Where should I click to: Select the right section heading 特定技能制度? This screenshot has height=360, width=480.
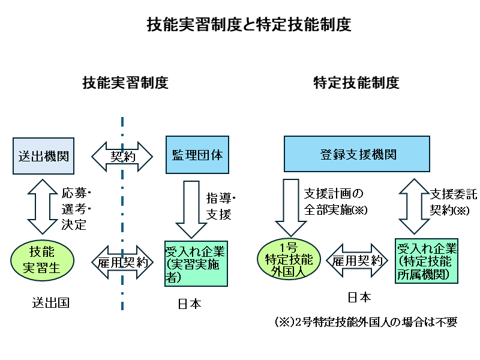tap(356, 83)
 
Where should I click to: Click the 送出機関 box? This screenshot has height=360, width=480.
tap(42, 155)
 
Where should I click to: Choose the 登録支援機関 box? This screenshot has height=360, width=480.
tap(356, 155)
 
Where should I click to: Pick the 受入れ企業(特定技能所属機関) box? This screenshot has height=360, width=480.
tap(427, 262)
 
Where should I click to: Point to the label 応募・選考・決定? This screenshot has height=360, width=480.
tap(76, 209)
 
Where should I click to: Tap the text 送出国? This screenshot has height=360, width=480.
tap(50, 303)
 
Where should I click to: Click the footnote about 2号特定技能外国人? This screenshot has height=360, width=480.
tap(365, 322)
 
